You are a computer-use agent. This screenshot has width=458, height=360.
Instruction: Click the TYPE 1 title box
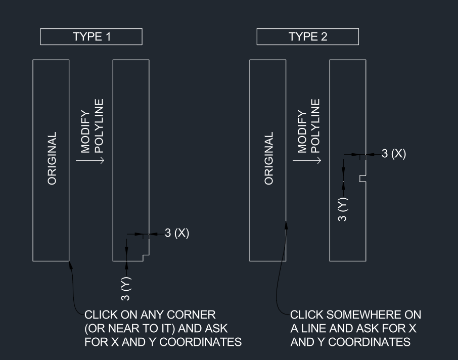(x=91, y=37)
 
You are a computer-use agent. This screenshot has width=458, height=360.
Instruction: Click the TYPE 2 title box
(x=307, y=37)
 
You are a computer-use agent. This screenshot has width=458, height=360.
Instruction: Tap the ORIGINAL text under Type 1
(x=52, y=159)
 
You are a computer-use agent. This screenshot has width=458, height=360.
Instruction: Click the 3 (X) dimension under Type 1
(x=176, y=234)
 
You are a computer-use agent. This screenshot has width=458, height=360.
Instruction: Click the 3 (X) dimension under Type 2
(x=393, y=154)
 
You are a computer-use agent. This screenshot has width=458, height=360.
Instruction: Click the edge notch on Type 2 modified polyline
(x=362, y=178)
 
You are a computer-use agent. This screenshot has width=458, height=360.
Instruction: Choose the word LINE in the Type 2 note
(x=316, y=329)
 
